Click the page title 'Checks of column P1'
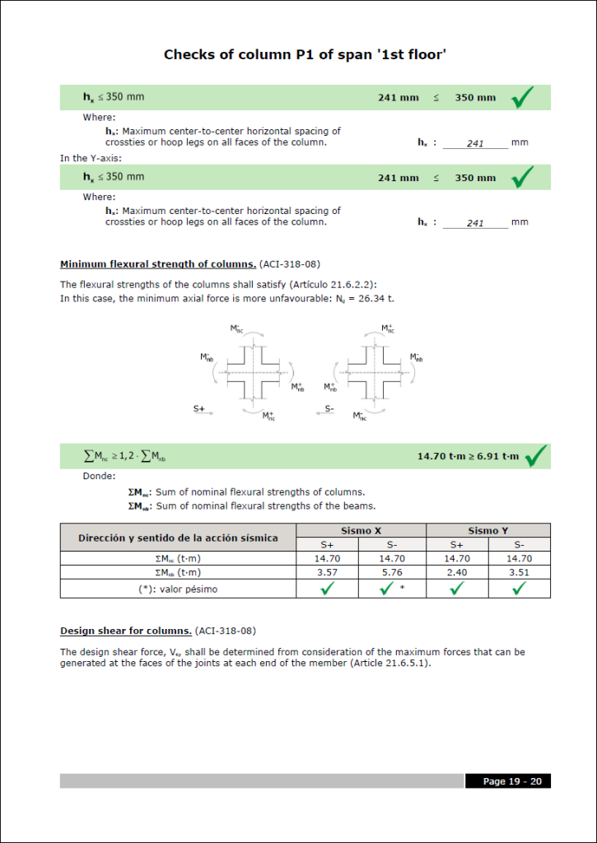pyautogui.click(x=305, y=55)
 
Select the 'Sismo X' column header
pyautogui.click(x=359, y=530)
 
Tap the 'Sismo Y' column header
pyautogui.click(x=487, y=530)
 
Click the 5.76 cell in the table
pyautogui.click(x=391, y=572)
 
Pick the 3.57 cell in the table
pyautogui.click(x=328, y=572)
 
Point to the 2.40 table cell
pyautogui.click(x=456, y=572)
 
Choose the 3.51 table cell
pyautogui.click(x=519, y=572)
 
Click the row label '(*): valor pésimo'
pyautogui.click(x=177, y=589)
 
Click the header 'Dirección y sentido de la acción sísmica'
pyautogui.click(x=178, y=538)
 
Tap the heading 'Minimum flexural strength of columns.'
pyautogui.click(x=158, y=264)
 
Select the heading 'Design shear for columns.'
pyautogui.click(x=126, y=631)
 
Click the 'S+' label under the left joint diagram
pyautogui.click(x=199, y=408)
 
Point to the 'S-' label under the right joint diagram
pyautogui.click(x=329, y=408)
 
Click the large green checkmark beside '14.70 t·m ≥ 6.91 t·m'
pyautogui.click(x=536, y=455)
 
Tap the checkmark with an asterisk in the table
pyautogui.click(x=388, y=589)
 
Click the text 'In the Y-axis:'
pyautogui.click(x=91, y=158)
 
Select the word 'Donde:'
pyautogui.click(x=100, y=475)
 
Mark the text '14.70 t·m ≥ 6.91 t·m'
pyautogui.click(x=468, y=456)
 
